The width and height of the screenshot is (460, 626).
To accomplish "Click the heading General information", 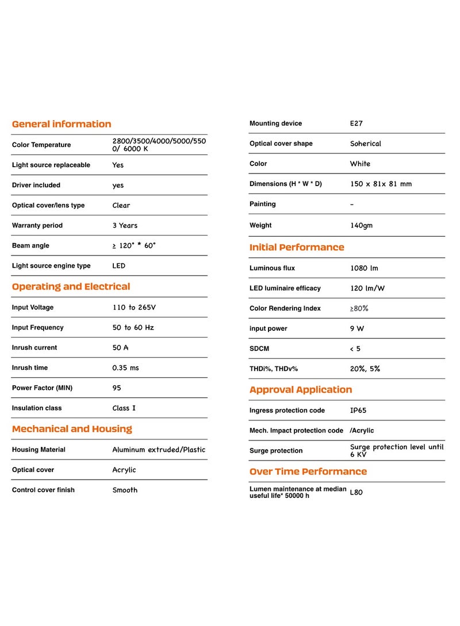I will tap(62, 124).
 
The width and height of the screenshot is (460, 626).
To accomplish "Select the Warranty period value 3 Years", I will tap(125, 226).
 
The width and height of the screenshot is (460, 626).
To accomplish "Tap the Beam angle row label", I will tap(30, 246).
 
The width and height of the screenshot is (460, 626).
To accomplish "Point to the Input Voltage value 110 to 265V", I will tap(134, 308).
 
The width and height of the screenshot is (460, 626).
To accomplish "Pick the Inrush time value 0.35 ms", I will tap(125, 368).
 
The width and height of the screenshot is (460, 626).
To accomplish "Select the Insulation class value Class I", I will tap(124, 408).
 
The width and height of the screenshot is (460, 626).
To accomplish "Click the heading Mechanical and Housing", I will tap(72, 429).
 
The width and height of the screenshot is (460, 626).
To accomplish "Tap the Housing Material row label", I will tap(39, 450).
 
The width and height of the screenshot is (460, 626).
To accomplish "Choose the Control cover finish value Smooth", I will tap(125, 490).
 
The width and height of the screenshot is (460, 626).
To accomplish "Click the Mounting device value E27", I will tap(356, 123).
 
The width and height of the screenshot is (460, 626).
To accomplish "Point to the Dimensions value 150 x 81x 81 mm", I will tap(381, 184).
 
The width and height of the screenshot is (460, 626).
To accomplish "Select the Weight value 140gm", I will tap(361, 226).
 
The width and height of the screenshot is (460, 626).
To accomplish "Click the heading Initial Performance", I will tap(297, 248).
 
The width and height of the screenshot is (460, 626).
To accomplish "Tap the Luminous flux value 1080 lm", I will tap(364, 268).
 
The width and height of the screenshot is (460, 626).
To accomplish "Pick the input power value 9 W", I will tap(357, 329).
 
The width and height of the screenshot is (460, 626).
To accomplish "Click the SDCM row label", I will tap(259, 349).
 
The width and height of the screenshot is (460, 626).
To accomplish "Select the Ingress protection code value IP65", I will tap(359, 411).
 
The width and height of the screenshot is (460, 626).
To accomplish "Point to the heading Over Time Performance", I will tap(308, 472).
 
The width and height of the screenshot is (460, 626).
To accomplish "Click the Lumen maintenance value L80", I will tap(356, 492).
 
